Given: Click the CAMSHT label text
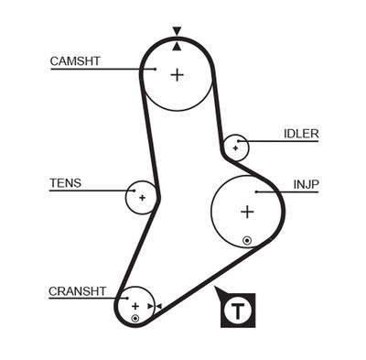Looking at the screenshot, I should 75,61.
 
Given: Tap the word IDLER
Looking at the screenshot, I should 301,134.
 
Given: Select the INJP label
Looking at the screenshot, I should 307,184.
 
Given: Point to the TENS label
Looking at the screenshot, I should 65,183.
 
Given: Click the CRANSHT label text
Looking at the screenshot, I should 78,291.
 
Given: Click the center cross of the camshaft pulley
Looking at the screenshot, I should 177,75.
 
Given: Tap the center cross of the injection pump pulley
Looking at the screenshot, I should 246,212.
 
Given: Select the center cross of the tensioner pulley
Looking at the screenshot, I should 142,197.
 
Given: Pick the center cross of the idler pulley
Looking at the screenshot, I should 236,147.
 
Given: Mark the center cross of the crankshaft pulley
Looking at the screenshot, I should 135,305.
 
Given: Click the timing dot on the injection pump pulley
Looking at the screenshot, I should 246,241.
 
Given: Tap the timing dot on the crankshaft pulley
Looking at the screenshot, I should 135,318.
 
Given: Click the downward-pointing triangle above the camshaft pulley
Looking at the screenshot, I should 177,30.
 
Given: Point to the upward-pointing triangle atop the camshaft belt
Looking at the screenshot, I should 177,42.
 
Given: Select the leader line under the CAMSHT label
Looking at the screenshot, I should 101,69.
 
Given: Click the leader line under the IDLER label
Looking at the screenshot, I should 284,141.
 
